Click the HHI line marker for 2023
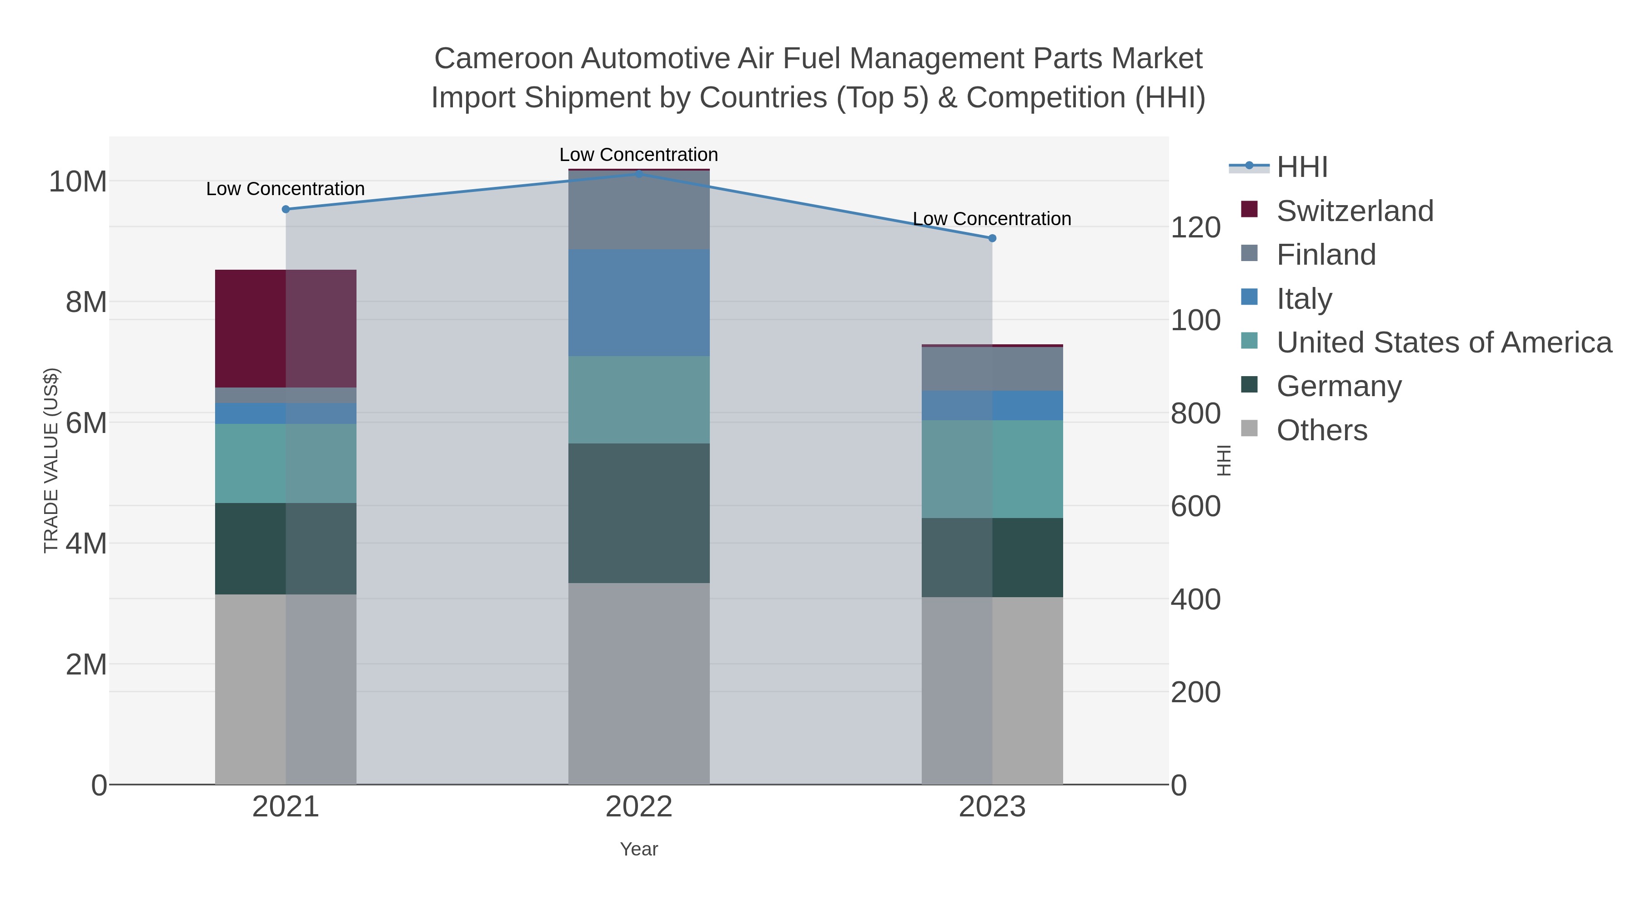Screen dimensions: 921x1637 click(992, 238)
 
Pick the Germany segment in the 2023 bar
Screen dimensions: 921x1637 click(992, 558)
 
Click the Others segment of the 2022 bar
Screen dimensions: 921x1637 click(639, 683)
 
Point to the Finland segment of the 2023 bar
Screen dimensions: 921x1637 click(992, 369)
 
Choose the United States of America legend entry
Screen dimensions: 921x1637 click(1443, 342)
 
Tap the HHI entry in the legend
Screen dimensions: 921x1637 click(1301, 167)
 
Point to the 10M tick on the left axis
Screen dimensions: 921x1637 click(77, 182)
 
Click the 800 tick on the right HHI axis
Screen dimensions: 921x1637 click(1195, 414)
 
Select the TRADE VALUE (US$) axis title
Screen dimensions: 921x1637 click(51, 460)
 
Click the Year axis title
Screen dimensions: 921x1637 click(639, 849)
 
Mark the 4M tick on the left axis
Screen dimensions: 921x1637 click(86, 544)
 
